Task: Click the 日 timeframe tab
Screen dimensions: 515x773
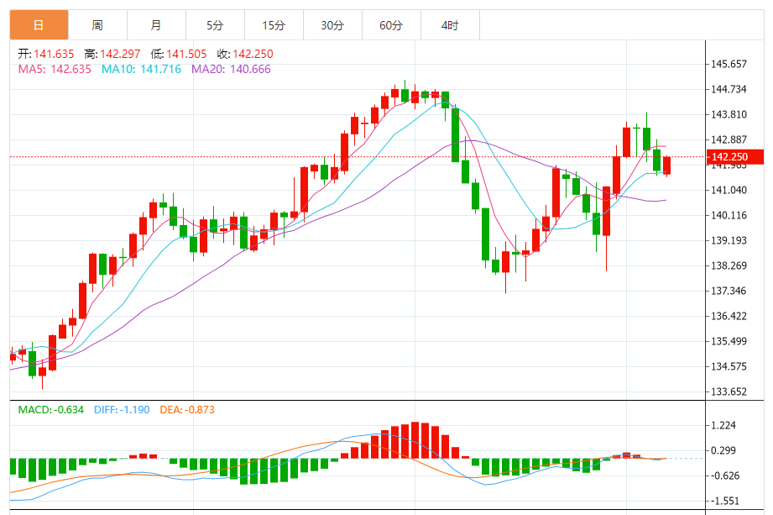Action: point(39,25)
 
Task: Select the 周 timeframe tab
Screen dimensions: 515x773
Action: point(97,25)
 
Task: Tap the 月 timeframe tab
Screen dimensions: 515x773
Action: point(156,25)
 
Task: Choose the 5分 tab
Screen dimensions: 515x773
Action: point(215,25)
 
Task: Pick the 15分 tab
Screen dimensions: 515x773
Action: point(274,25)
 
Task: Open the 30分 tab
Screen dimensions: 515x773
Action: point(332,25)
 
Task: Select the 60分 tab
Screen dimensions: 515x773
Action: point(391,25)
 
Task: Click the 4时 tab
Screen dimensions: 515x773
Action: point(450,25)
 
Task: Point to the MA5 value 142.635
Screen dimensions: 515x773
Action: point(71,69)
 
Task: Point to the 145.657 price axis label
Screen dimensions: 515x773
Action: point(729,64)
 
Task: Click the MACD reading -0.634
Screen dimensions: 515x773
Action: point(66,410)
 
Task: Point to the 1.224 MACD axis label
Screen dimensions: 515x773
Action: point(723,425)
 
